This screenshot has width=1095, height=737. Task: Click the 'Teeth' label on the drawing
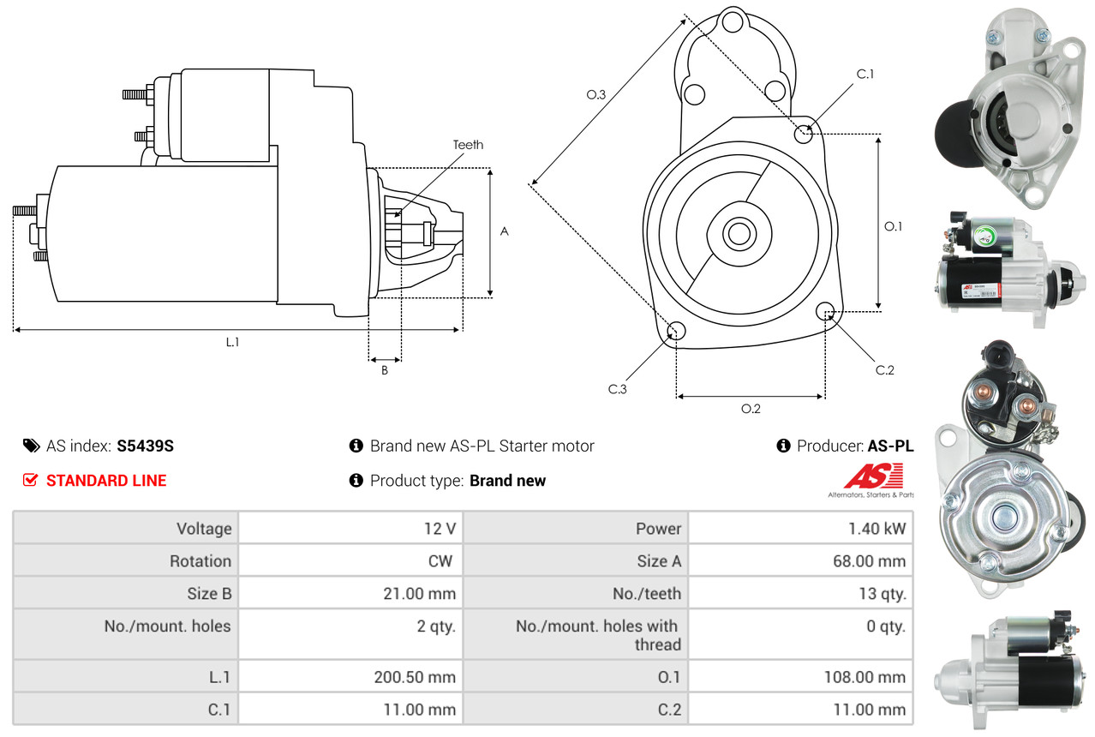coord(468,145)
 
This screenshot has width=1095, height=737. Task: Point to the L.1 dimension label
coord(232,342)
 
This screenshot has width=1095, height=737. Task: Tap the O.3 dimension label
coord(596,95)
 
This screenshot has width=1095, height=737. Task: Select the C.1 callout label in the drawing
coord(865,74)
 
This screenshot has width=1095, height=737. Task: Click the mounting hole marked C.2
coord(826,310)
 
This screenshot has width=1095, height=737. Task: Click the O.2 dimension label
coord(751,409)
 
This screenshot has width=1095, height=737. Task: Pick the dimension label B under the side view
coord(385,370)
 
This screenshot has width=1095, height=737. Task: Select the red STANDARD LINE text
coord(106,481)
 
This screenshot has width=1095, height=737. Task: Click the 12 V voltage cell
coord(440,529)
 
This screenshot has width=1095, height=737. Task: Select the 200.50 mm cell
coord(415,677)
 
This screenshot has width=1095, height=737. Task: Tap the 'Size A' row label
coord(659,561)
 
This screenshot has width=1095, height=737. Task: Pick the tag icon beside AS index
coord(31,446)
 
